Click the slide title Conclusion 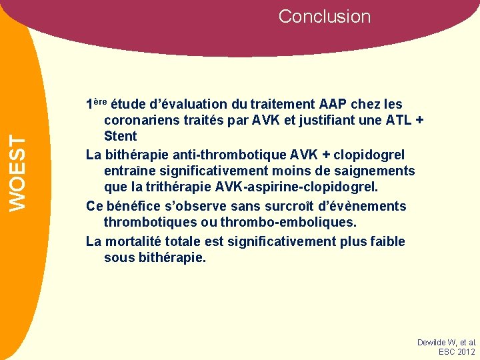(324, 17)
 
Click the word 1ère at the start (96, 104)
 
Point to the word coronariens (142, 121)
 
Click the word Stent (120, 137)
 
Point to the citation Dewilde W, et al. (446, 342)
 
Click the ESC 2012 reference (457, 351)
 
